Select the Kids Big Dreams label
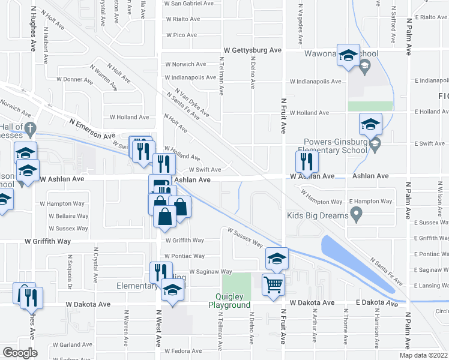[x=318, y=215]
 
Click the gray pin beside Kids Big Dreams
[x=357, y=213]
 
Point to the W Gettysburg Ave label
[x=253, y=50]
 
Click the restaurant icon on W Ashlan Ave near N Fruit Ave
[x=306, y=161]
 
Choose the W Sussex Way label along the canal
[x=245, y=236]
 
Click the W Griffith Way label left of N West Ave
[x=47, y=241]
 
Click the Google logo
[x=20, y=352]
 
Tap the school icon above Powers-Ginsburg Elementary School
[x=370, y=125]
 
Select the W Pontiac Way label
[x=184, y=256]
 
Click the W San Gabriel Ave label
[x=190, y=3]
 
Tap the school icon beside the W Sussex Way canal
[x=277, y=259]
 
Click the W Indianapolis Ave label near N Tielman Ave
[x=190, y=77]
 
